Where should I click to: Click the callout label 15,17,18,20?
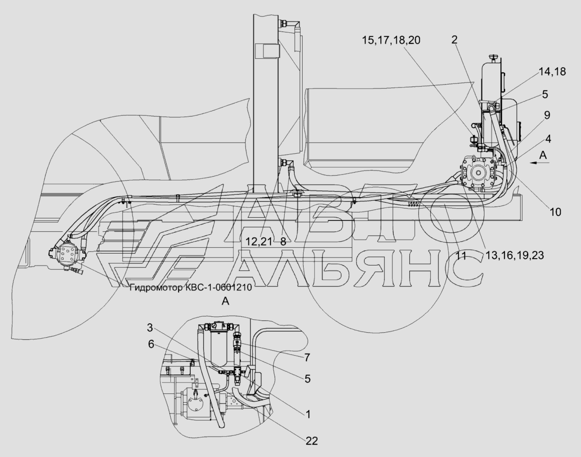[391, 40]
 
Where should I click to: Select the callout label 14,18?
[552, 72]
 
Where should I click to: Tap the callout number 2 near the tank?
[455, 40]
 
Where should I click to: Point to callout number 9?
[547, 115]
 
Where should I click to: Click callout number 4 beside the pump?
[548, 139]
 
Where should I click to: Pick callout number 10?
[556, 212]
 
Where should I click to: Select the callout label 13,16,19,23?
[515, 255]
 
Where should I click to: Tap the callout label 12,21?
[259, 242]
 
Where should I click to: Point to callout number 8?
[283, 242]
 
